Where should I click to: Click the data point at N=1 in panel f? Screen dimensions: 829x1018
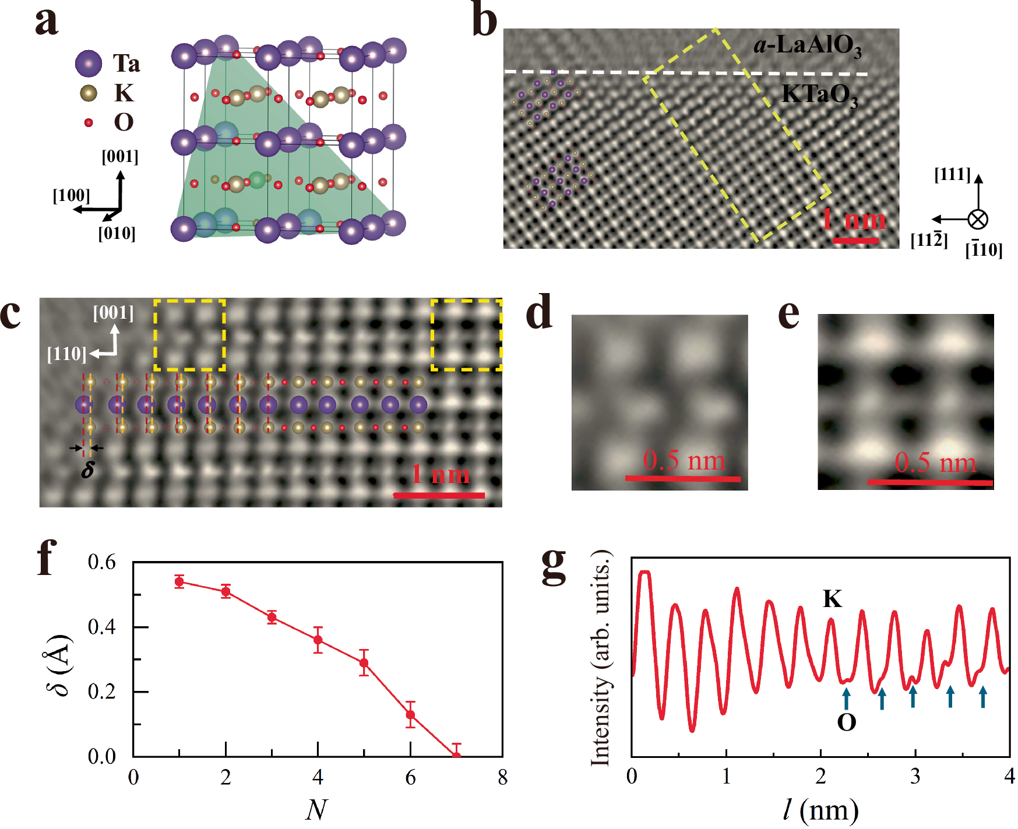[179, 581]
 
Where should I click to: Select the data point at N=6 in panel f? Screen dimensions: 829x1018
[410, 715]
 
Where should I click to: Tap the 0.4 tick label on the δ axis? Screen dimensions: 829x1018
[101, 627]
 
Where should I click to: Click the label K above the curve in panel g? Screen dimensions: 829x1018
[832, 599]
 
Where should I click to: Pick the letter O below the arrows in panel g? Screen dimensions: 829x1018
[846, 723]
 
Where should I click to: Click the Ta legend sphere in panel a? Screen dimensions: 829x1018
[89, 63]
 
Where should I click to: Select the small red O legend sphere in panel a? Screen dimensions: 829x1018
[89, 122]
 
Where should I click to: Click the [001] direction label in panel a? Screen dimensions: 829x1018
[120, 157]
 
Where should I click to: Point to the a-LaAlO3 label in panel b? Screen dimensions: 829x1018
[807, 45]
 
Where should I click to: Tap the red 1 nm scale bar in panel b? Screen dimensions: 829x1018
[855, 240]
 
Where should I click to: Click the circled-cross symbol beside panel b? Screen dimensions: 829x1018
[978, 220]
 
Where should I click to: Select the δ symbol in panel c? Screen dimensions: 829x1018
[87, 470]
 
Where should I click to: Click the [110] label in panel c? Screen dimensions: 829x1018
[66, 354]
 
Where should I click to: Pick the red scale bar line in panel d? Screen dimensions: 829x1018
[682, 479]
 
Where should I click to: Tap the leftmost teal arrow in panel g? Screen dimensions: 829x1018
[846, 698]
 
